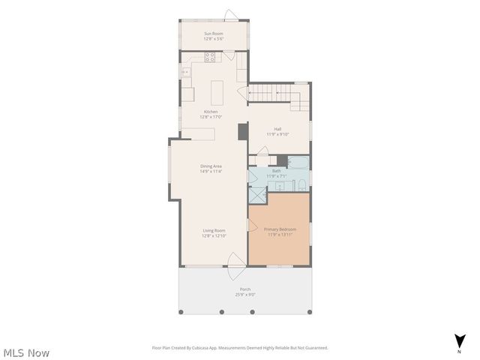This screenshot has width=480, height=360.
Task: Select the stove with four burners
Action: pos(210,56)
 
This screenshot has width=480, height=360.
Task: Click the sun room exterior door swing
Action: pos(231,13)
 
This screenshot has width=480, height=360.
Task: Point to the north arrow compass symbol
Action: pos(459,342)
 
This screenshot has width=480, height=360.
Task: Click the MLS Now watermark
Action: pos(26,352)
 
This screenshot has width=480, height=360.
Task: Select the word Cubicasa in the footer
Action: pos(222,348)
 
